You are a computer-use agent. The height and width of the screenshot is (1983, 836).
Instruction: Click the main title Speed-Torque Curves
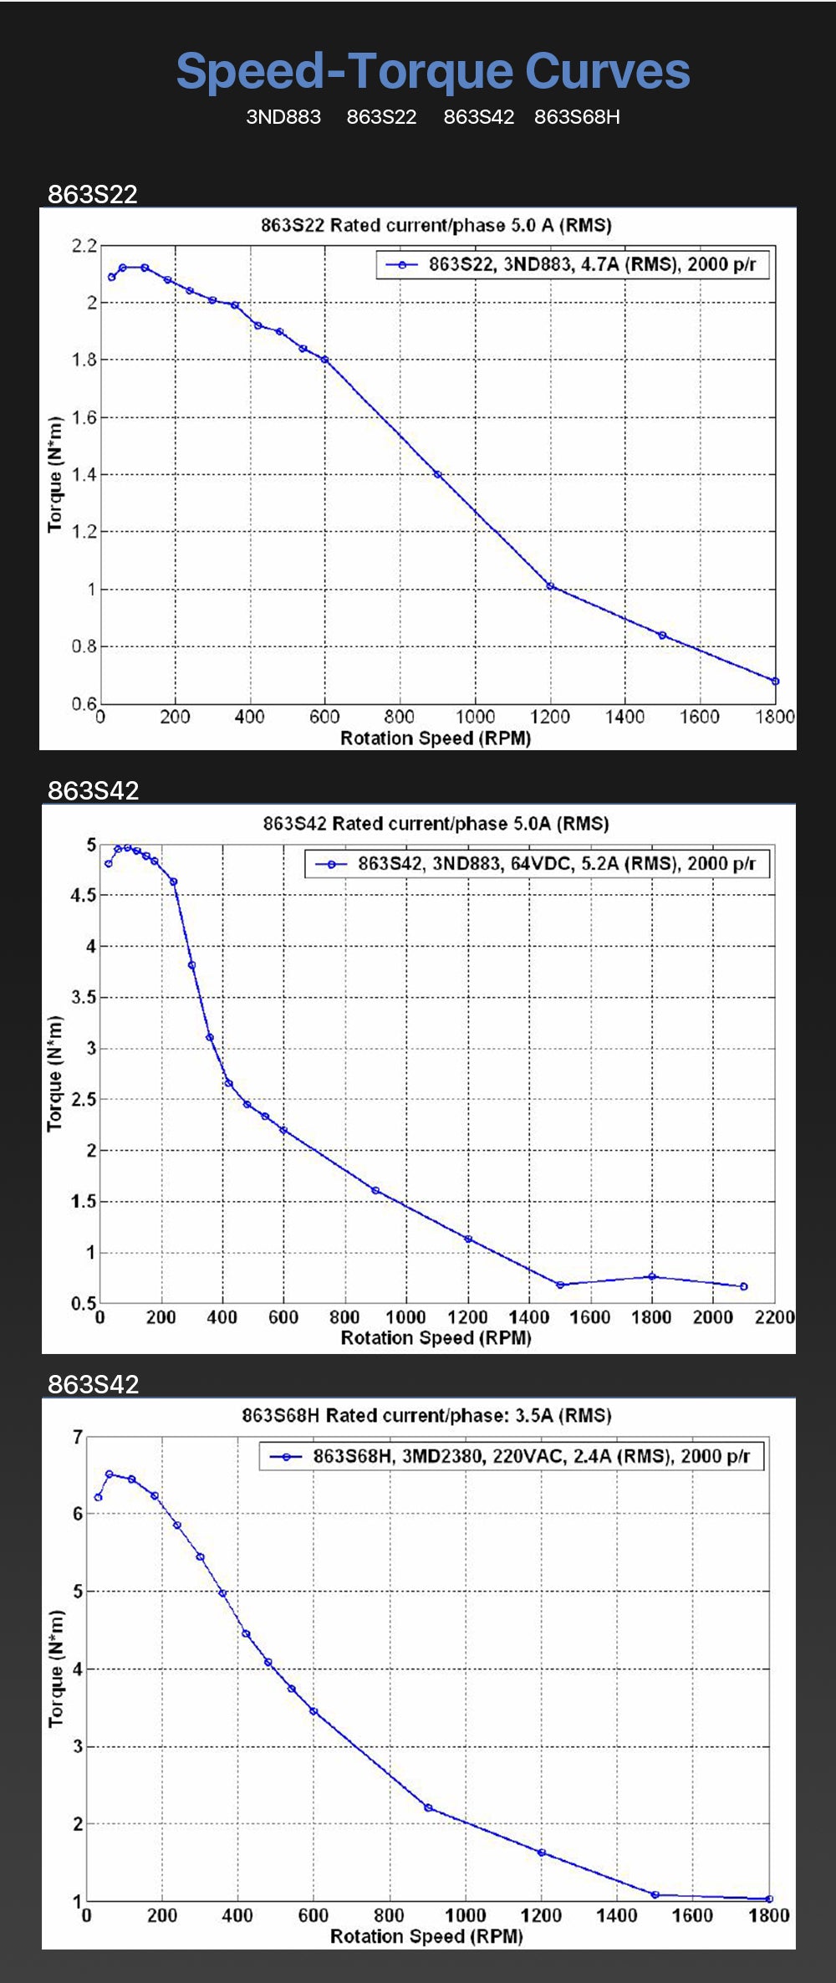(433, 71)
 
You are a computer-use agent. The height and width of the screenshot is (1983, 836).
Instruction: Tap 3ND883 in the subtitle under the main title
(283, 117)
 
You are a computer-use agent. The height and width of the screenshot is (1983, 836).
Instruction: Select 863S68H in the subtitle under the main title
(577, 117)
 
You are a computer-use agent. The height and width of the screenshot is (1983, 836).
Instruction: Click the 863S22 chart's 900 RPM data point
(437, 474)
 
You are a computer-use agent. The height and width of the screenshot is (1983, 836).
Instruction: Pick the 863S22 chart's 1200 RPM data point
(550, 586)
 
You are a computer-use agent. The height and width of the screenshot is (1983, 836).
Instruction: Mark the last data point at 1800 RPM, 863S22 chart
(775, 682)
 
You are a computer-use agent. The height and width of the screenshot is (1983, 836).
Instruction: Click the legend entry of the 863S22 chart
(573, 265)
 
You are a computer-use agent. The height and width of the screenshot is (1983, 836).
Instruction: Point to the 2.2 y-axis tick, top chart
(84, 246)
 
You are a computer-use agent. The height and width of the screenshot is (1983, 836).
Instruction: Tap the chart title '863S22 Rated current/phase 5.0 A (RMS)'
(436, 225)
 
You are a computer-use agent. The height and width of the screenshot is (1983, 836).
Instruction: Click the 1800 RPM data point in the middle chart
(652, 1276)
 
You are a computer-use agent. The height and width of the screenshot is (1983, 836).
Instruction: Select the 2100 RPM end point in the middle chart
(744, 1286)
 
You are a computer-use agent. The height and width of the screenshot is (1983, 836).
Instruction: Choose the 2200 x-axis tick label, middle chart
(774, 1317)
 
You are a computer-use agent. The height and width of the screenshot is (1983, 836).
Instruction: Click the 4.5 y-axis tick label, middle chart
(84, 896)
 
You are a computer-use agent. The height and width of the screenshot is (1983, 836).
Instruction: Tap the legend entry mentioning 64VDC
(538, 864)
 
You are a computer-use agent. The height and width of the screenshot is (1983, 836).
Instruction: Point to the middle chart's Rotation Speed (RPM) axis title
(436, 1338)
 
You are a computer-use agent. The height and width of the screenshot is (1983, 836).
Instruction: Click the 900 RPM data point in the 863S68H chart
(428, 1808)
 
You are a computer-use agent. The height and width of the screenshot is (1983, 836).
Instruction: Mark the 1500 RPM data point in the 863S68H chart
(655, 1895)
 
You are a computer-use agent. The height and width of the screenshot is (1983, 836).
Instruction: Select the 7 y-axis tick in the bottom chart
(78, 1438)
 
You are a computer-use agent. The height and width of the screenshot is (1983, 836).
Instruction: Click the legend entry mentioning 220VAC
(512, 1456)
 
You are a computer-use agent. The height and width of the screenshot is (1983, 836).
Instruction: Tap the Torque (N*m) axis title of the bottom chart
(55, 1669)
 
